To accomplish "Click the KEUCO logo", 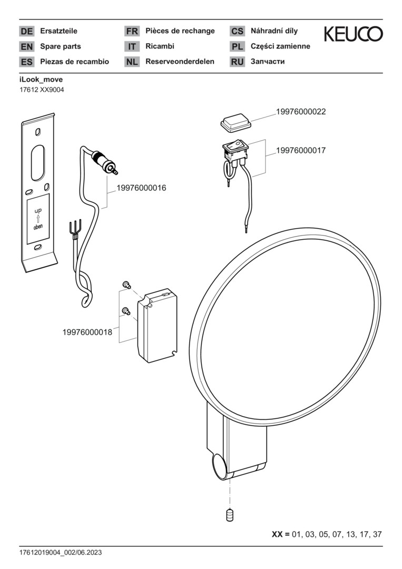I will coord(353,35).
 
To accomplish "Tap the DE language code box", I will coord(26,32).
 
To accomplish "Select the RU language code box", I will coord(237,62).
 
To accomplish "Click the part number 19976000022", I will coord(301,112).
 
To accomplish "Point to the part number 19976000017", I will coord(301,150).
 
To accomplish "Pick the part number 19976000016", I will coord(141,188).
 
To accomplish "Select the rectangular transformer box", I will coord(156,325).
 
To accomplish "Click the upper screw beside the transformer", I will coord(126,285).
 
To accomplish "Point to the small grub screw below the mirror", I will coord(230,515).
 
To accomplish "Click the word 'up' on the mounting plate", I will coord(38,210).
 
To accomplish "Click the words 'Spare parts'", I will coord(61,46).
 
